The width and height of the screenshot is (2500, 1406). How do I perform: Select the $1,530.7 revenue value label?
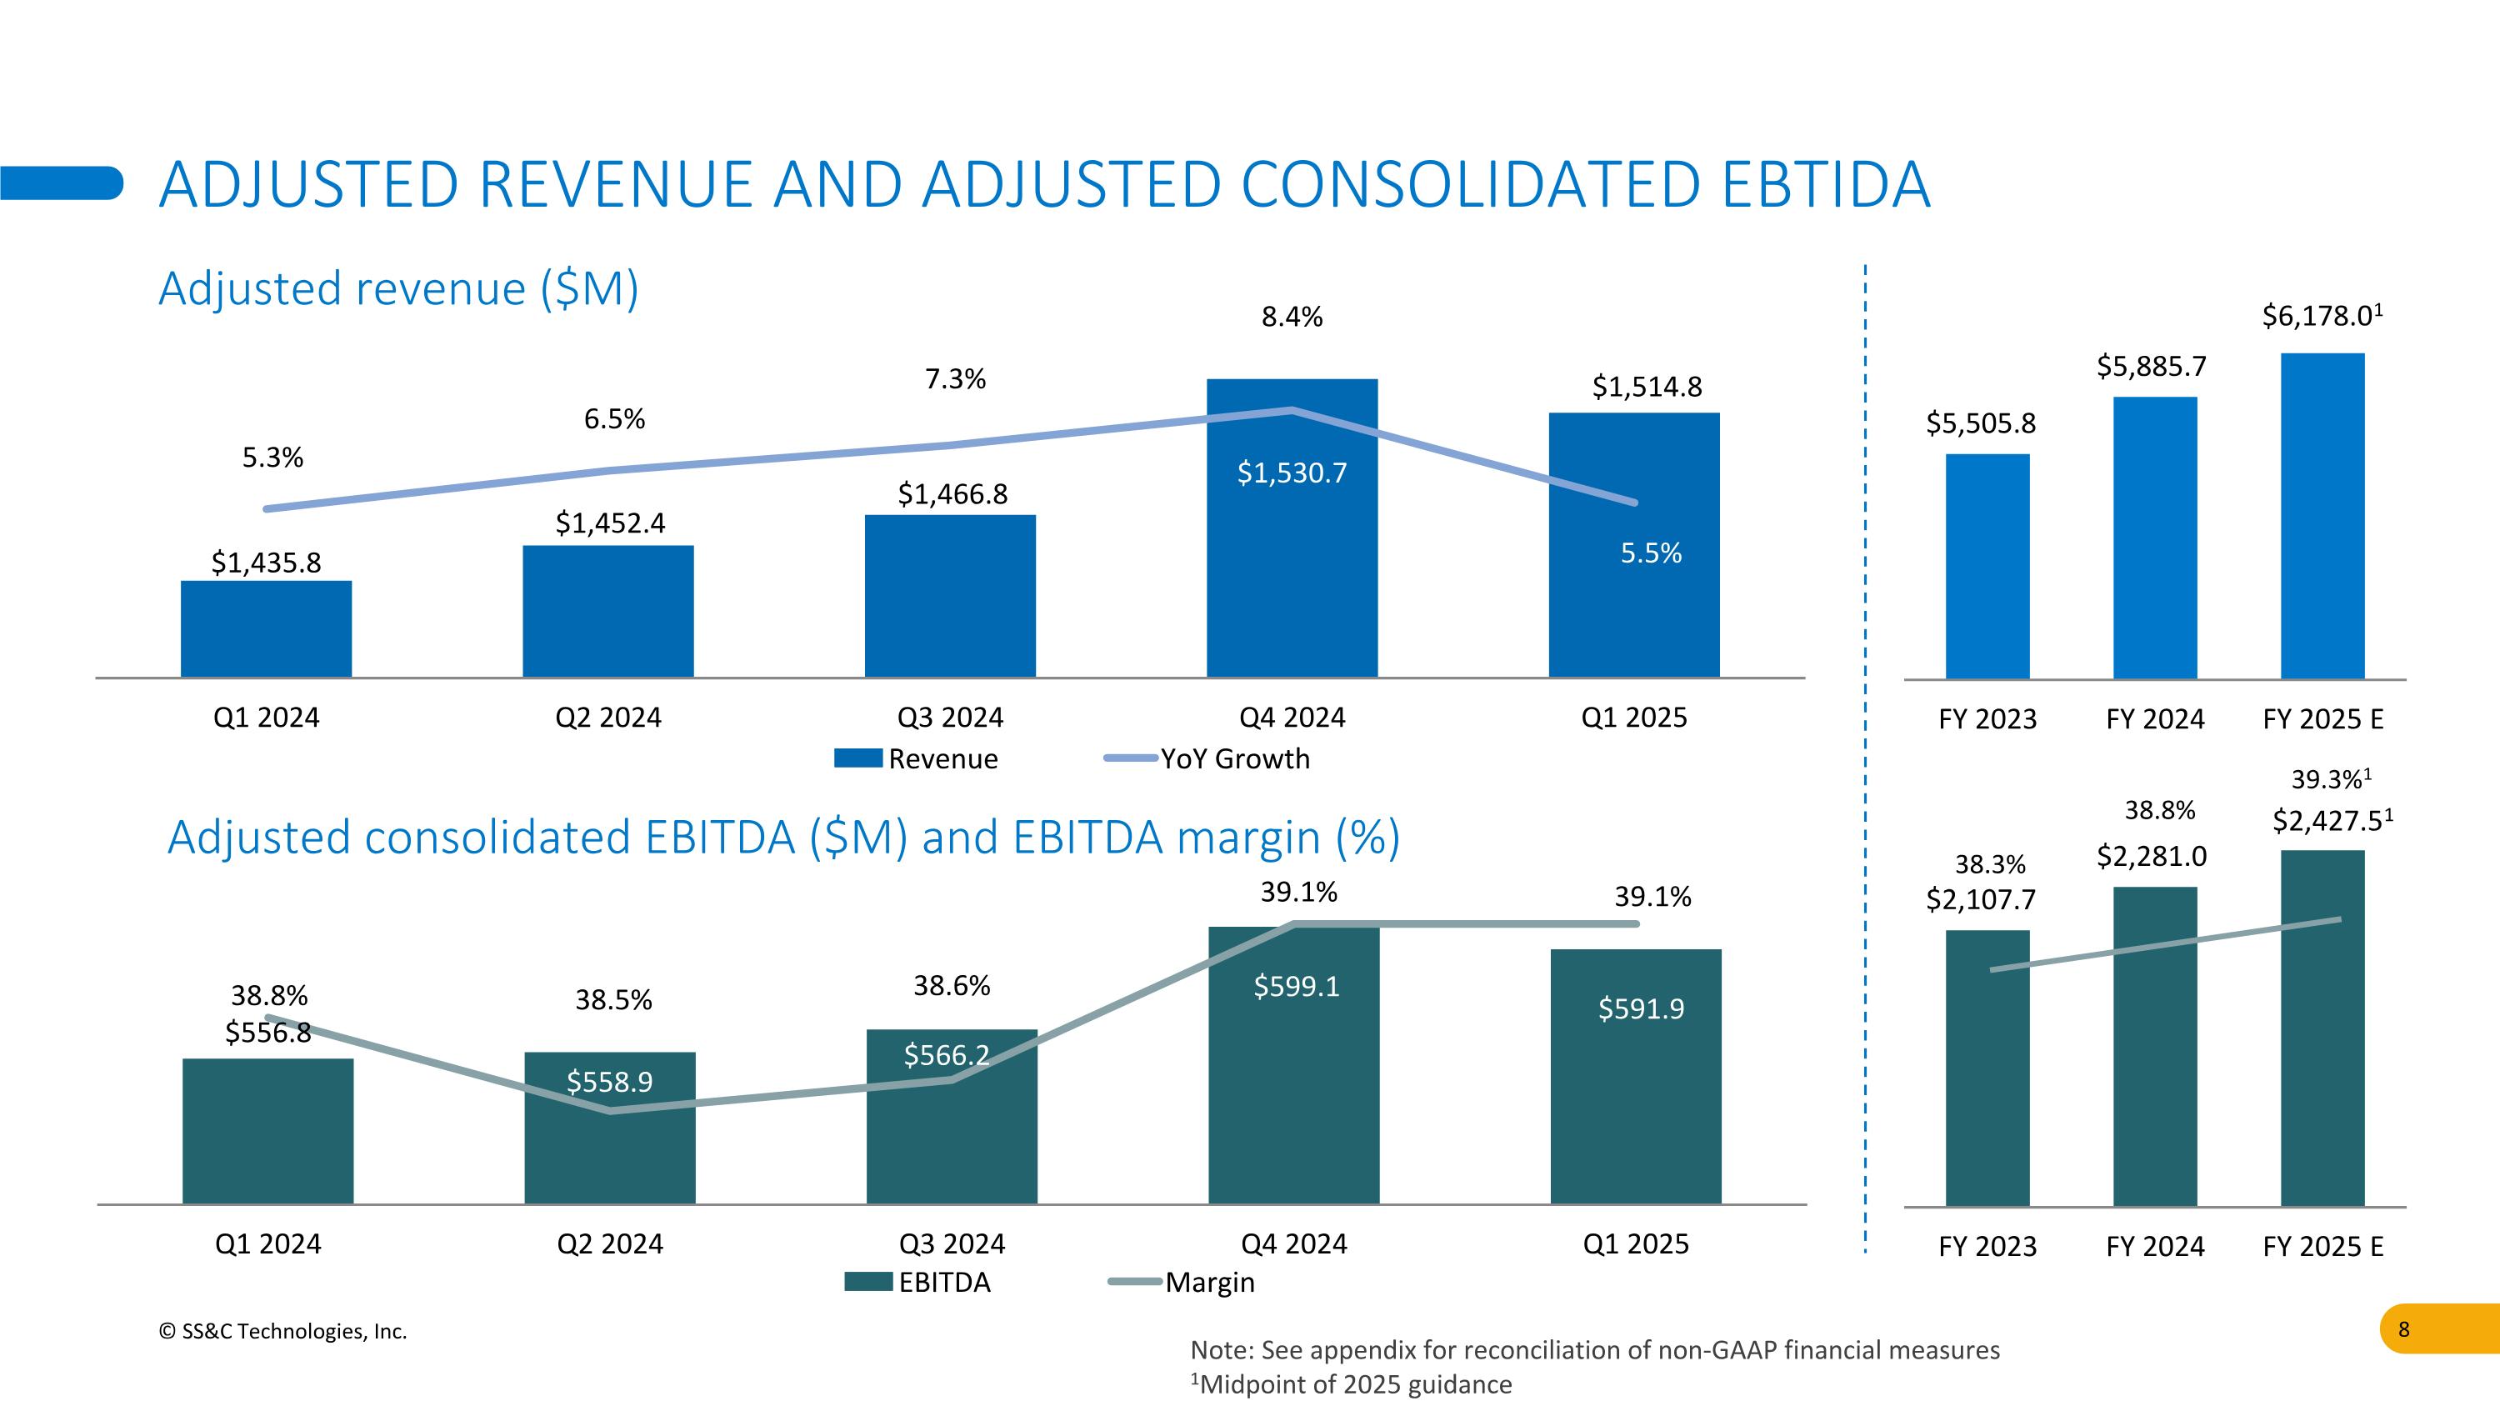tap(1292, 473)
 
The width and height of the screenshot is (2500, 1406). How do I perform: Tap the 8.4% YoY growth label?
tap(1292, 318)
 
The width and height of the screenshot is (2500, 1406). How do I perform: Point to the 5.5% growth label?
tap(1651, 553)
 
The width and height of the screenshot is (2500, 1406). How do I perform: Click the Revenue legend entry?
tap(917, 758)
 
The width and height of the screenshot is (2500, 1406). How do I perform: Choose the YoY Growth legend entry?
tap(1208, 758)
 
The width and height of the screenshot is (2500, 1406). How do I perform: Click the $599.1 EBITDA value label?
tap(1296, 987)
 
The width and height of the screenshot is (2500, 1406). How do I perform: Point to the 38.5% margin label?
tap(613, 1000)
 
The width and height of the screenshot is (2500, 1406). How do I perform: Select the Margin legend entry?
tap(1183, 1283)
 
